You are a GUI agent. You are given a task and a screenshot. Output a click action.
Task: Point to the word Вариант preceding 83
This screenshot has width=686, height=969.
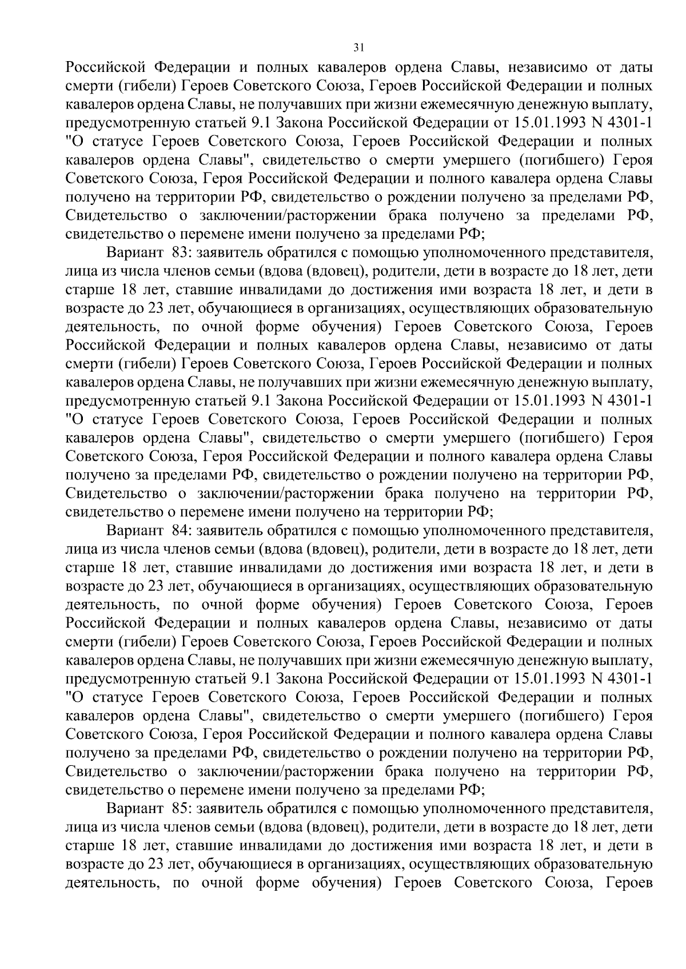(135, 252)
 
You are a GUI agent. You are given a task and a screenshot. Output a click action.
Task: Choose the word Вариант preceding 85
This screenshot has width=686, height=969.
(135, 809)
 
